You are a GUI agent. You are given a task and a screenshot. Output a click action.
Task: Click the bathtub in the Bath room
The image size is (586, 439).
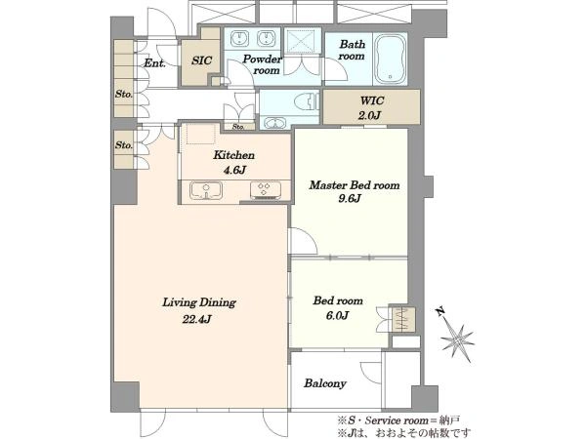pos(391,59)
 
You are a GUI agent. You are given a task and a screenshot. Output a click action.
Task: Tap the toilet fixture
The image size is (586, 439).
pos(307,101)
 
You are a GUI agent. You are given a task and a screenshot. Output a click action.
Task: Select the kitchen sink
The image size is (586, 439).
pos(205,190)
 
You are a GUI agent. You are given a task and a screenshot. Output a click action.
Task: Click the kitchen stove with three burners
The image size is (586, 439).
pos(266,189)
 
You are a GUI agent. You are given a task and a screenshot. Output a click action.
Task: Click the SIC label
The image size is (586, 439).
pos(201,60)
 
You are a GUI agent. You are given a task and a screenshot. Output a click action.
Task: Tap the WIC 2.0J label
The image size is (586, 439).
pos(370,108)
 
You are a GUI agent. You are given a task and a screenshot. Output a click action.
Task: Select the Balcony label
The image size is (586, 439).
pos(325,383)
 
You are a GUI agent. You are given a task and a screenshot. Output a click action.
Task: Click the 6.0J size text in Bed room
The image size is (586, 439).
pos(337,316)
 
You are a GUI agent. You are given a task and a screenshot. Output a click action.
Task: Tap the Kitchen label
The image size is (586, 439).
pos(234,155)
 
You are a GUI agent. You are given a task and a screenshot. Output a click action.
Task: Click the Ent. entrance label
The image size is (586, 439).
pos(154,63)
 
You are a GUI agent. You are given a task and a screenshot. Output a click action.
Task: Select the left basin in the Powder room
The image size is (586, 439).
pos(237,38)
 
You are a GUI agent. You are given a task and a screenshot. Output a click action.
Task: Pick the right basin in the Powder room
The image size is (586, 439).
pos(266,38)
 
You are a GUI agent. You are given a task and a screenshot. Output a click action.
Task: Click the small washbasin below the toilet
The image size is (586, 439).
pos(274,123)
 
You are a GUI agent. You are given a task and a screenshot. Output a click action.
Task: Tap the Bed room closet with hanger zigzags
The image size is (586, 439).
pos(401,320)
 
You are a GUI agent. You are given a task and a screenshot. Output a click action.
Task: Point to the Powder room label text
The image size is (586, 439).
pos(263,64)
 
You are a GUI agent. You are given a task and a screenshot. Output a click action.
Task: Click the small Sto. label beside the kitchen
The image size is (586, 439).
pos(238,127)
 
